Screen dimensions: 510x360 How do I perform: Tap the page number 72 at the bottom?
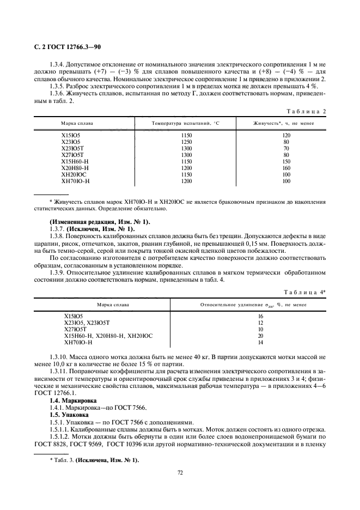coord(180,472)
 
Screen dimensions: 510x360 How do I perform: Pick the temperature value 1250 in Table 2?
coord(187,142)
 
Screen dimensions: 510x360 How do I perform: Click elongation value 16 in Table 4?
coord(260,316)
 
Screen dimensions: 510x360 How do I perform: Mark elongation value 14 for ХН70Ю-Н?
coord(260,342)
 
